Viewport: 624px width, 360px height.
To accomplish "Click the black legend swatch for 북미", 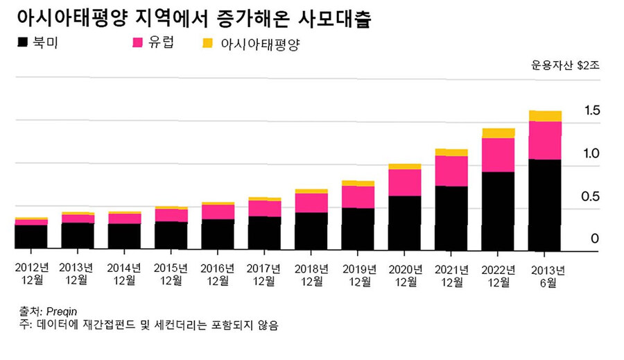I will pos(23,43).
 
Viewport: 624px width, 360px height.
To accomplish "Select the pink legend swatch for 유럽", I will pos(137,43).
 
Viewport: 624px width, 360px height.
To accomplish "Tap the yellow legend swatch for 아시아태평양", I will pos(208,44).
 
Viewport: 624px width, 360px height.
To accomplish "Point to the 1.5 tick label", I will pos(591,110).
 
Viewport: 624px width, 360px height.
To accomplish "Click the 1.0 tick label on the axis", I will pos(591,153).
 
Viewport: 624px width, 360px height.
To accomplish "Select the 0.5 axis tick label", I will pos(591,196).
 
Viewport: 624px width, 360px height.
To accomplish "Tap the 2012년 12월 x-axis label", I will pos(32,275).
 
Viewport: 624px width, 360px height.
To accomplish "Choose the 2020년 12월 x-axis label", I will pos(405,275).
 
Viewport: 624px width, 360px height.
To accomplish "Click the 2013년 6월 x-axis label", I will pos(545,275).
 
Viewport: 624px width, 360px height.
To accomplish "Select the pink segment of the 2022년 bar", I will pos(499,155).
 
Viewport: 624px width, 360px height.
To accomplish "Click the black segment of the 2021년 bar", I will pos(451,218).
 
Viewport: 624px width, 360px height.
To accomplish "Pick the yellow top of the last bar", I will pos(545,116).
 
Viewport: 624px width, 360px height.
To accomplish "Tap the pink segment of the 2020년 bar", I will pos(405,182).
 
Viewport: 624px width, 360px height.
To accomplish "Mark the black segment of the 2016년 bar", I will pos(218,234).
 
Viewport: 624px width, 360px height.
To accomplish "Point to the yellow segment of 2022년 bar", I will pos(499,133).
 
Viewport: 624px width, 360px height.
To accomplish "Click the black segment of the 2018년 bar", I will pos(311,231).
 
